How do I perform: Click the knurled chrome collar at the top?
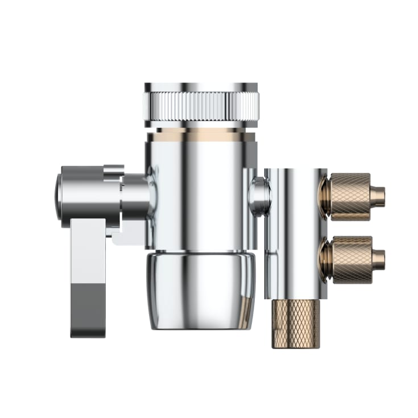coord(200,105)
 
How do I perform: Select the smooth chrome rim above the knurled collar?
coord(200,87)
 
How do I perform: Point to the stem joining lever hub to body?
coord(136,196)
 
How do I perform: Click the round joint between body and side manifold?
coord(259,196)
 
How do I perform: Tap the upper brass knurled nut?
coord(350,196)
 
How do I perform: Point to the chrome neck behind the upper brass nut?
coord(324,196)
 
